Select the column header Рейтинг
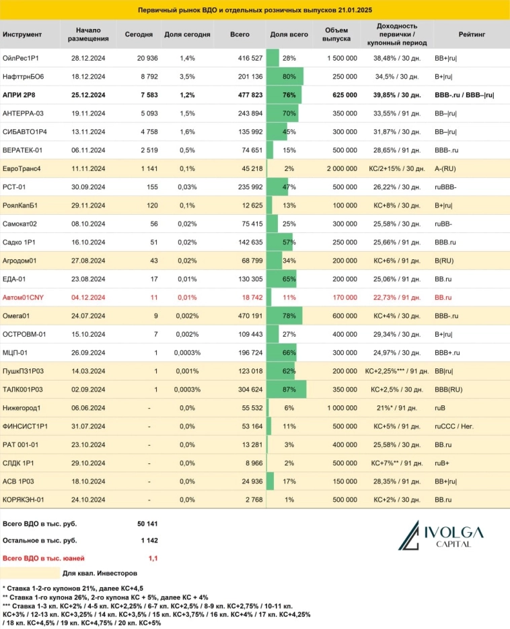[x=470, y=34]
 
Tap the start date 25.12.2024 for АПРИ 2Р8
[x=88, y=94]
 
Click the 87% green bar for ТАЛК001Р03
[x=287, y=390]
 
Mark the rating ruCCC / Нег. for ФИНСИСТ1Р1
[x=456, y=425]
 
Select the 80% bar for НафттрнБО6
[x=285, y=77]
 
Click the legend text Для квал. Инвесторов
[x=100, y=573]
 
